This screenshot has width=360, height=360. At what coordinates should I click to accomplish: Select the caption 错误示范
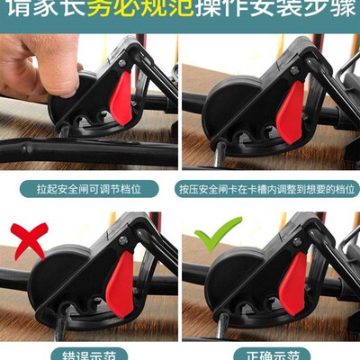[90, 354]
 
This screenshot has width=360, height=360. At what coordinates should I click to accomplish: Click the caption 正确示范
[270, 354]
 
